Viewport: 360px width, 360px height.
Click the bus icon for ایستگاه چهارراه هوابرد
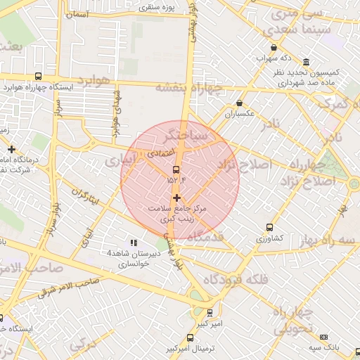[37, 76]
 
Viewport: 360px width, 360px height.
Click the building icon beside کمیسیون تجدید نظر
[306, 62]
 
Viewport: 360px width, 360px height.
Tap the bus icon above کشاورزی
[269, 227]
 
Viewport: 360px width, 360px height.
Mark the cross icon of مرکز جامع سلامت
[176, 198]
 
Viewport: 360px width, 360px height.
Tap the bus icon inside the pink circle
[176, 169]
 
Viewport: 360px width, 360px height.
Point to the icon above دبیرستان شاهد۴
[134, 242]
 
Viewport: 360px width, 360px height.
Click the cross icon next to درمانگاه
[11, 149]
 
